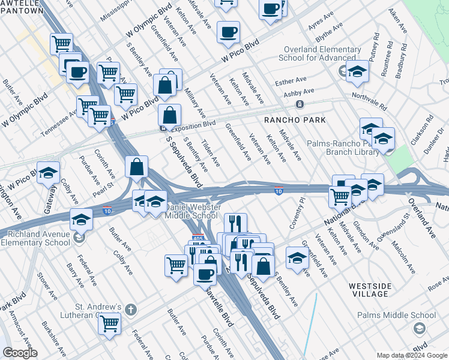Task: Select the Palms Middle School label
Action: [x=404, y=315]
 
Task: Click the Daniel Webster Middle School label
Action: [x=191, y=211]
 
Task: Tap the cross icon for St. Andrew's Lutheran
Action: [x=131, y=310]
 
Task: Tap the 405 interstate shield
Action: [x=197, y=238]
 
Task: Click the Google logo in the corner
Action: [x=20, y=353]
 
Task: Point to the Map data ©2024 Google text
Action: [x=411, y=355]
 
